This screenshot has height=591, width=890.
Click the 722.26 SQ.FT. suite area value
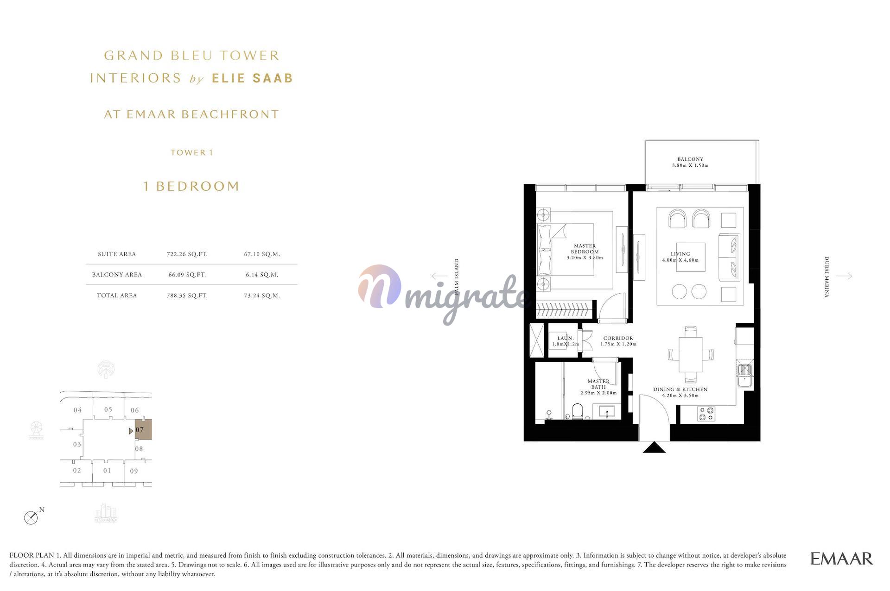[x=187, y=254]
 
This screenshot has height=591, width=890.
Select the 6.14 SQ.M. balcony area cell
[x=262, y=275]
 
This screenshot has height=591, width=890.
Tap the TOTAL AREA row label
[x=117, y=295]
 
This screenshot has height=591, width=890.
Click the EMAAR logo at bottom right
[x=841, y=559]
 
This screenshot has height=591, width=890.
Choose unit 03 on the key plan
[x=77, y=444]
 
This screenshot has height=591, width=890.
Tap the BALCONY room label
[x=690, y=159]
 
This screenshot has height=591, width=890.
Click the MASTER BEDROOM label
[x=585, y=249]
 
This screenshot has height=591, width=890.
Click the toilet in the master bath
[x=578, y=411]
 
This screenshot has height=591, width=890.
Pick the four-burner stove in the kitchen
[x=706, y=414]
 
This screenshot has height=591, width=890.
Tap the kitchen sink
[x=744, y=375]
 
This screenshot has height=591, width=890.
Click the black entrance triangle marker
[x=655, y=447]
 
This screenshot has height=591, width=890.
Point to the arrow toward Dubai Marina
[x=844, y=276]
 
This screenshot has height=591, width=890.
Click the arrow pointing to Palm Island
[x=439, y=277]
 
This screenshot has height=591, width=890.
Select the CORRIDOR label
[x=618, y=338]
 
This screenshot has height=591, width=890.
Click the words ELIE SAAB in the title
[x=253, y=78]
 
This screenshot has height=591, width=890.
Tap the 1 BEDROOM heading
[x=191, y=186]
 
